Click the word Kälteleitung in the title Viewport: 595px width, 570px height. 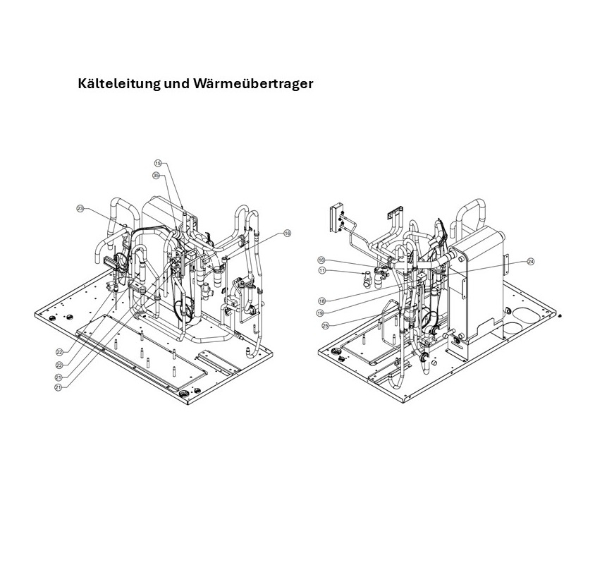(x=119, y=83)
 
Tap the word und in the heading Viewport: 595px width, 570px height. (x=177, y=83)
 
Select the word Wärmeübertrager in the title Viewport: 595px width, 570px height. (x=253, y=83)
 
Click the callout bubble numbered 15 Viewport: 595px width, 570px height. (x=158, y=163)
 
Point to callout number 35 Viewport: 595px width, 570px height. (x=156, y=176)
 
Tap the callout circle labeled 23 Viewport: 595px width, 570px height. (x=80, y=209)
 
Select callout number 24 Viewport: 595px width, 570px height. (x=530, y=262)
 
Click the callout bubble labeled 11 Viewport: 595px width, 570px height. (x=322, y=270)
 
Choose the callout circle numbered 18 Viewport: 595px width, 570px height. (x=321, y=301)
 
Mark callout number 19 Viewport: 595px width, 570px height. (x=320, y=313)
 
